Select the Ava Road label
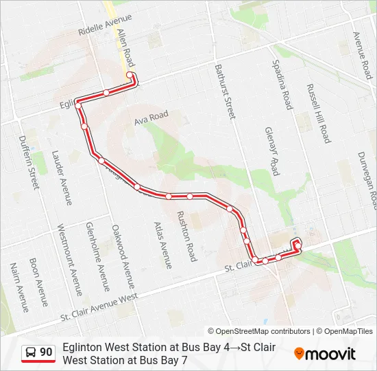(151, 117)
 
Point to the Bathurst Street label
(224, 91)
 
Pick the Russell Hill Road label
(319, 113)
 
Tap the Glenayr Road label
(272, 150)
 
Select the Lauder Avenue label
(62, 178)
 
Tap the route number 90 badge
(38, 352)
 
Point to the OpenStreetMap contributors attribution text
(259, 331)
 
